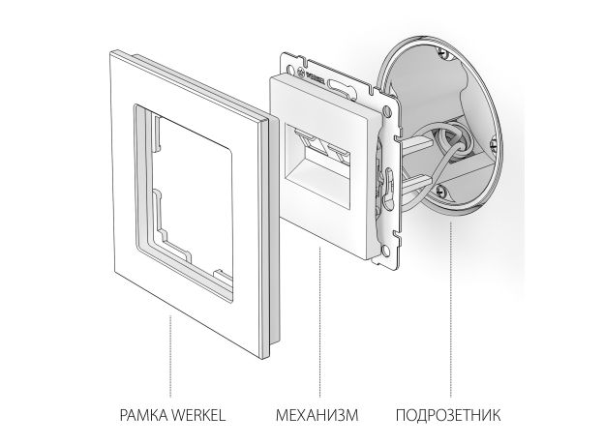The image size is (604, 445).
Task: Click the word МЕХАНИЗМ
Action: [x=317, y=417]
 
